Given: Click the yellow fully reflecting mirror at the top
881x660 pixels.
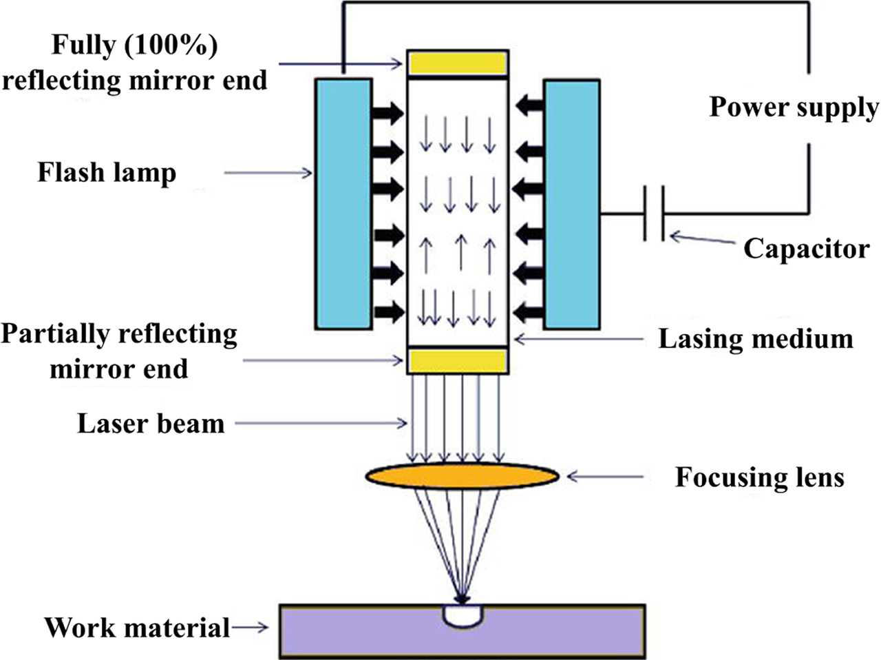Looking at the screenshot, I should click(458, 63).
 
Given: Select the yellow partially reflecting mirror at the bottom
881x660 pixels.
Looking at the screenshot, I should click(458, 361).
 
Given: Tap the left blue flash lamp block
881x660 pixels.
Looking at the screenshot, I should click(343, 203).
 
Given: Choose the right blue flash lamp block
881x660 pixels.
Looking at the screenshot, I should click(571, 203).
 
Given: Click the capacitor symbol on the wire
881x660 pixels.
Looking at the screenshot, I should click(655, 213).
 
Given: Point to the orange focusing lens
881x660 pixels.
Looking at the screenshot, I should click(462, 476).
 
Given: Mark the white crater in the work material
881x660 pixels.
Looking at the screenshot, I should click(463, 615).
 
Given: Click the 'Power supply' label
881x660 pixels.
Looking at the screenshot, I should click(794, 107).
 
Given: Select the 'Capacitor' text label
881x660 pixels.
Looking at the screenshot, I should click(806, 249).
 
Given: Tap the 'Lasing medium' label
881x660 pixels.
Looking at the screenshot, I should click(756, 339).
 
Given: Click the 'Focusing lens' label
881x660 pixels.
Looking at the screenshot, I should click(759, 477).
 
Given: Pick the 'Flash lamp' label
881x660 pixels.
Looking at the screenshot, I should click(107, 172).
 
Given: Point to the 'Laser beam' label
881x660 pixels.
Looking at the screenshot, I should click(151, 423).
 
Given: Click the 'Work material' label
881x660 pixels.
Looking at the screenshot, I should click(137, 628).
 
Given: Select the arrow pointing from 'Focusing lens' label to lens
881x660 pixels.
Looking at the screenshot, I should click(606, 476).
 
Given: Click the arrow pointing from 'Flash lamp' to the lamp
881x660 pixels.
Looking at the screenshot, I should click(268, 173).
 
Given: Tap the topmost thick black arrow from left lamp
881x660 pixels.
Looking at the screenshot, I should click(388, 113).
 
